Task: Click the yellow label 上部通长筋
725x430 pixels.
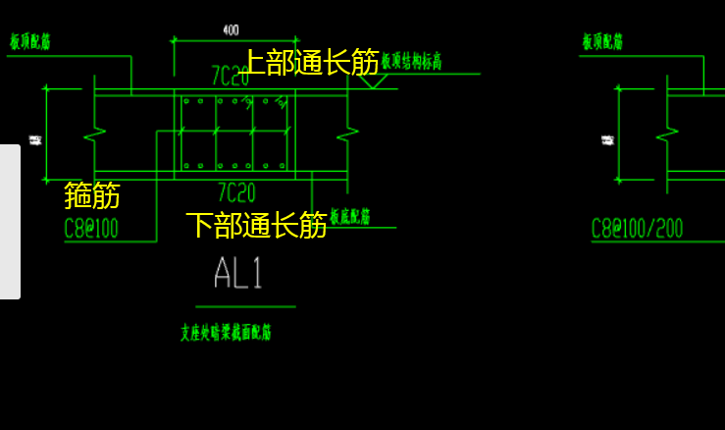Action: (x=310, y=63)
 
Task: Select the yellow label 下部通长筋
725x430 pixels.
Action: (x=256, y=225)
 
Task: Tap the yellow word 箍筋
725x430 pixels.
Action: (x=92, y=195)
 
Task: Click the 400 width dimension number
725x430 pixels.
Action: (x=231, y=30)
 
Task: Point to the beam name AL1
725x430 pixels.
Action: (x=238, y=273)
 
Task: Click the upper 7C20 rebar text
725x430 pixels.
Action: (x=231, y=77)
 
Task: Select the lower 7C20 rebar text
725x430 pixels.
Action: (x=236, y=192)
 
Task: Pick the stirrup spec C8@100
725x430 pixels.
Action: (x=91, y=230)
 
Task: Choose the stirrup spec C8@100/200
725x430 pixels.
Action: (x=637, y=230)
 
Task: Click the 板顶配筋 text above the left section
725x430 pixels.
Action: (x=30, y=42)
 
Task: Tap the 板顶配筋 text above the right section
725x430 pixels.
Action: (x=602, y=42)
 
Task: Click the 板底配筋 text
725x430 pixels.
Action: (x=350, y=217)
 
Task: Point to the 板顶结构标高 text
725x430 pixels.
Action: (x=412, y=62)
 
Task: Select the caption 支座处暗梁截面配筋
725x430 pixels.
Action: (x=226, y=333)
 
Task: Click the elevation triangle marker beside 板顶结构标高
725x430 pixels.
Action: (x=372, y=81)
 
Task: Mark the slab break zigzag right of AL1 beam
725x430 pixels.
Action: (x=347, y=132)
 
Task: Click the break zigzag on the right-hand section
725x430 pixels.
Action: (x=667, y=132)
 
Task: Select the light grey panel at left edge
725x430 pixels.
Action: (x=10, y=222)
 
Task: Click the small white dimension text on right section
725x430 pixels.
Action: (x=607, y=139)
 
